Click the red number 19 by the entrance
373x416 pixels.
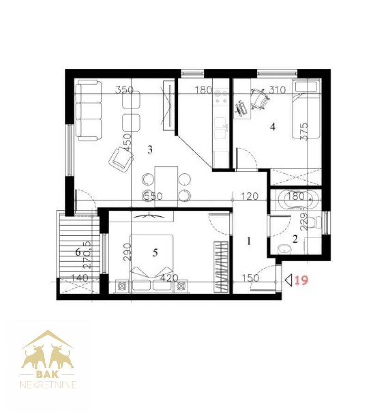point(301,280)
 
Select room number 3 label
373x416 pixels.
point(150,150)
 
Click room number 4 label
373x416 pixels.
point(272,127)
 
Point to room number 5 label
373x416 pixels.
point(155,252)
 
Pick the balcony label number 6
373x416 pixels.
point(78,252)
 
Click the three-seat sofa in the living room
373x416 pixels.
point(88,111)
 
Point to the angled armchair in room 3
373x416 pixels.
point(121,160)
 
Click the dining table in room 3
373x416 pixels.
point(166,186)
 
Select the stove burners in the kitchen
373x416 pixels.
point(221,97)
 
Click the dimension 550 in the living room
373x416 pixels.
point(153,196)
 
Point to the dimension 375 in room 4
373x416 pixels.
point(304,131)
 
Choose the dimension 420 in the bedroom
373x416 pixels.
point(169,278)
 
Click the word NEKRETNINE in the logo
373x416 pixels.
point(48,385)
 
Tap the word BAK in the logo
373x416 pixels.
point(48,374)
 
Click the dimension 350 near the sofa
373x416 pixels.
point(124,90)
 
